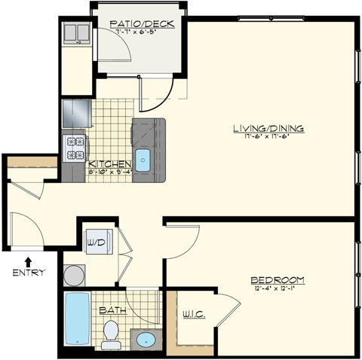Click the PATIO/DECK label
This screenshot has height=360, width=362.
point(142,24)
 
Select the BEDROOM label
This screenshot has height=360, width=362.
point(278,279)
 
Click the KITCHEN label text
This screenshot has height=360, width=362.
point(111,163)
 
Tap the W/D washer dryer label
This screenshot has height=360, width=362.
point(95,243)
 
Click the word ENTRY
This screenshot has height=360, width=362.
point(29,272)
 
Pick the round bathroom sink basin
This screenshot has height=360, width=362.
point(146,340)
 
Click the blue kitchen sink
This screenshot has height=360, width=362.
point(143,160)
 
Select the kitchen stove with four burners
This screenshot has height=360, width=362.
point(74,148)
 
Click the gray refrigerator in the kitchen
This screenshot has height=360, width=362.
point(75,114)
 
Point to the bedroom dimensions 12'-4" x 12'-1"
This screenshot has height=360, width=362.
point(278,288)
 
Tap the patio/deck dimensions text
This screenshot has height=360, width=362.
point(142,32)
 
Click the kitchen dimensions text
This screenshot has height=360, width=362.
point(111,172)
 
